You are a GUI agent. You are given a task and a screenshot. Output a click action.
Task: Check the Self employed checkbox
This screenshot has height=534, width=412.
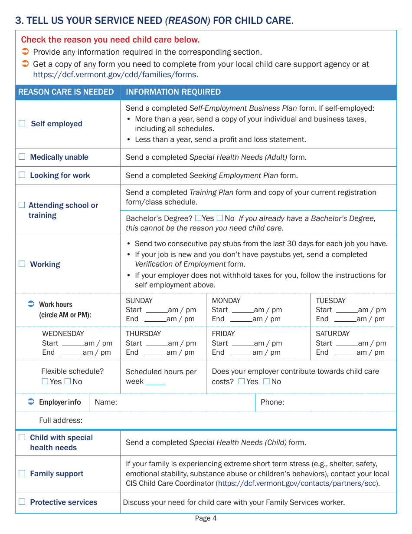click(x=22, y=124)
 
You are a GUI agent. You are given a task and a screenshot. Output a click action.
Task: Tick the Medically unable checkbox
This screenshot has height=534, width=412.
click(x=22, y=157)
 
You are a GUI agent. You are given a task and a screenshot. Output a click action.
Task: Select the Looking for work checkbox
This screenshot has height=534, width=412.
click(x=22, y=175)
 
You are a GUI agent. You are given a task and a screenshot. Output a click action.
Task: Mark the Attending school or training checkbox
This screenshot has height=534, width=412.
click(x=22, y=205)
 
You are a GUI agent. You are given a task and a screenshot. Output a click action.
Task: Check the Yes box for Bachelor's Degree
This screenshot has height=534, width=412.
click(x=198, y=218)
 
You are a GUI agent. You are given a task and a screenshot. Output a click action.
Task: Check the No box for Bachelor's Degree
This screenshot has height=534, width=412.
click(x=220, y=218)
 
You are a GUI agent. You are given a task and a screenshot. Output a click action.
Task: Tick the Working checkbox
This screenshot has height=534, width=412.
click(x=22, y=264)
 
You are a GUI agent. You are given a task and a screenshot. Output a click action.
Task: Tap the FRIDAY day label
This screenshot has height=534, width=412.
click(x=223, y=334)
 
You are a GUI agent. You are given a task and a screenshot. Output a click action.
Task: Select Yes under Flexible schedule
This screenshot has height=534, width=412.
click(x=45, y=382)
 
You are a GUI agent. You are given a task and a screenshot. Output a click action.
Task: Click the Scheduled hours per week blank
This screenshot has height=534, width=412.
click(x=156, y=382)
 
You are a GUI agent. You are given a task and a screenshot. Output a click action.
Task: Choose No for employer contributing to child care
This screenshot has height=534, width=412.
click(x=266, y=382)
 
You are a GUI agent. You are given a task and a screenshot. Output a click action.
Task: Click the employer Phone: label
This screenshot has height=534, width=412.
click(x=272, y=402)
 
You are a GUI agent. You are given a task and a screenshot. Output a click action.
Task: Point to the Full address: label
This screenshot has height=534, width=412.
click(x=61, y=421)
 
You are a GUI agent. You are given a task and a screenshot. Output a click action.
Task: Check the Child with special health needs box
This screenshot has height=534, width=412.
click(x=22, y=438)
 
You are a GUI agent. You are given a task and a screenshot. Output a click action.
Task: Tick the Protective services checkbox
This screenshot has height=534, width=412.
click(x=22, y=502)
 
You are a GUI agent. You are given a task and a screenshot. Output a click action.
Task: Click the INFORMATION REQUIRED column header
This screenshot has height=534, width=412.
click(x=173, y=92)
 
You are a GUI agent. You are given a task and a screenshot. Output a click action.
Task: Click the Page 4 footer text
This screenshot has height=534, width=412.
click(x=206, y=518)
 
